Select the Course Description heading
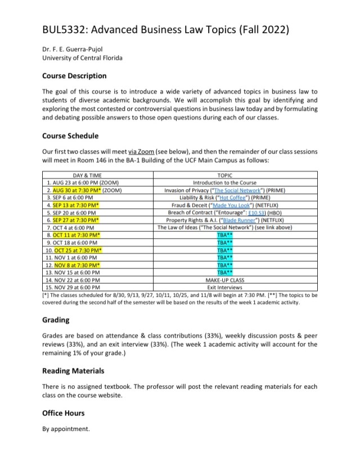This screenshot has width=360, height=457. coord(74,75)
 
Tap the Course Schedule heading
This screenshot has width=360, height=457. coord(70,136)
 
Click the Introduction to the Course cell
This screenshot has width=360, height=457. coord(224,183)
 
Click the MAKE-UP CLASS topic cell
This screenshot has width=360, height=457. coord(224,280)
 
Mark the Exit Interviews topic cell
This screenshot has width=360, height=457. coord(224,287)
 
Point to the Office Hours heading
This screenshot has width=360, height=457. coord(64,413)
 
